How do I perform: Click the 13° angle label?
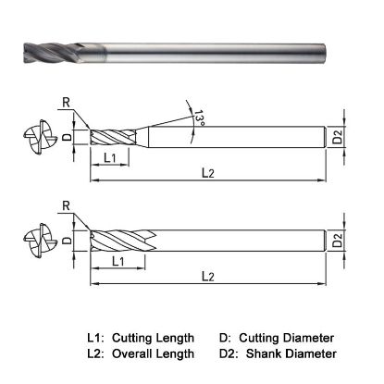[200, 118]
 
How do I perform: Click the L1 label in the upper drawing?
[109, 159]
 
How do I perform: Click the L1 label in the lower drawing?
[119, 263]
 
